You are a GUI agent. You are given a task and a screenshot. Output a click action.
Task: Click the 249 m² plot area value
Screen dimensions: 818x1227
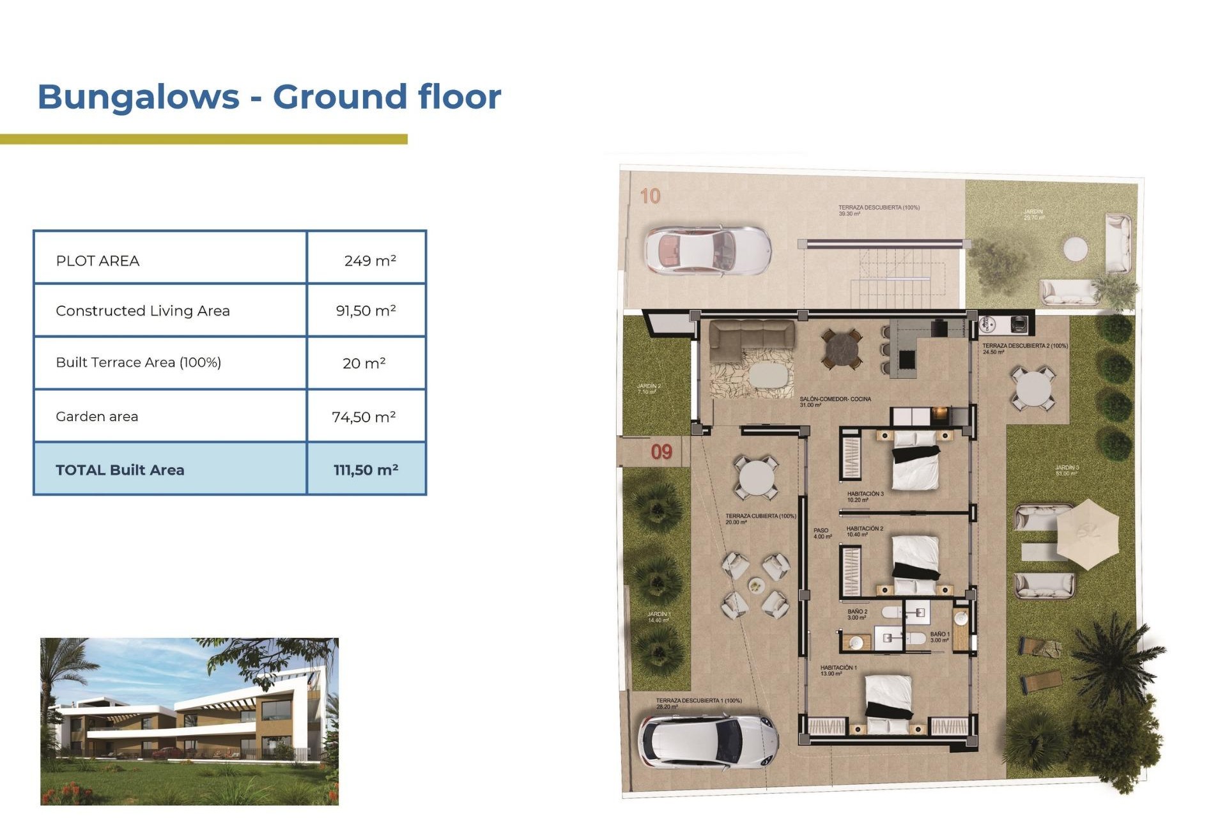pyautogui.click(x=370, y=261)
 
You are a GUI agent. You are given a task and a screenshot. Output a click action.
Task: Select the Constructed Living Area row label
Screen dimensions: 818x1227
pyautogui.click(x=143, y=311)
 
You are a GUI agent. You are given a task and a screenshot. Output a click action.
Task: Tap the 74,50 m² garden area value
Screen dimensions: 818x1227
pyautogui.click(x=364, y=417)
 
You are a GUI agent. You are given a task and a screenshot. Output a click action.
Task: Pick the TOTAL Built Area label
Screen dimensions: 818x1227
pyautogui.click(x=120, y=470)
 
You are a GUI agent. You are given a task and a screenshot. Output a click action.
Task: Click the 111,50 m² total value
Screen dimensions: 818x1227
pyautogui.click(x=366, y=470)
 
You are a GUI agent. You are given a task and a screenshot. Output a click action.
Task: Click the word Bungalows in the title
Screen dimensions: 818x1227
pyautogui.click(x=138, y=97)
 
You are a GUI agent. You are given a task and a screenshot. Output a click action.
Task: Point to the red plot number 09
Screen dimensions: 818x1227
pyautogui.click(x=661, y=452)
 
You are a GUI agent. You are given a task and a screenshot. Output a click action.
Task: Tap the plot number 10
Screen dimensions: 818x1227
pyautogui.click(x=650, y=196)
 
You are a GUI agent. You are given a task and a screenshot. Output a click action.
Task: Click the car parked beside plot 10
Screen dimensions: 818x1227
pyautogui.click(x=707, y=250)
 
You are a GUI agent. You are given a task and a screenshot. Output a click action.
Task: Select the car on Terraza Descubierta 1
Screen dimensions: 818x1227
pyautogui.click(x=707, y=741)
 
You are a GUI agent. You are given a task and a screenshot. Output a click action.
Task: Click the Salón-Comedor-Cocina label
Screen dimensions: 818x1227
pyautogui.click(x=835, y=399)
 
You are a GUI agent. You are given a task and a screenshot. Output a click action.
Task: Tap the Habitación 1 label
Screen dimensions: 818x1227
pyautogui.click(x=838, y=668)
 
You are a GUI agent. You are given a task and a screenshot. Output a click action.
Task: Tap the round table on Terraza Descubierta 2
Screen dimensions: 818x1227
pyautogui.click(x=1033, y=389)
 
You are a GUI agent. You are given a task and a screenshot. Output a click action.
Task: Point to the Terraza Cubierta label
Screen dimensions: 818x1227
pyautogui.click(x=760, y=516)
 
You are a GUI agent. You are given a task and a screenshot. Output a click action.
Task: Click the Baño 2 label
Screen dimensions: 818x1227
pyautogui.click(x=857, y=612)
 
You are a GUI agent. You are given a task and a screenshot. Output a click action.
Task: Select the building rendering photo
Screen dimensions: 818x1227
pyautogui.click(x=189, y=721)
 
